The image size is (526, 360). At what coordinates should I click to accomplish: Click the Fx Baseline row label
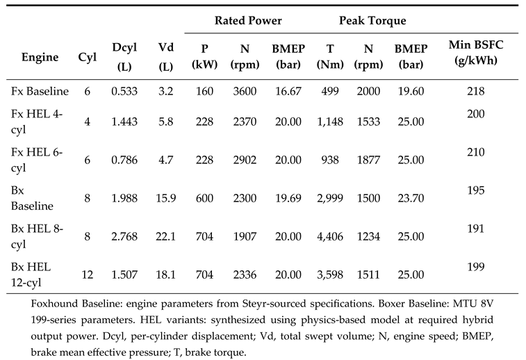[x=40, y=91]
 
